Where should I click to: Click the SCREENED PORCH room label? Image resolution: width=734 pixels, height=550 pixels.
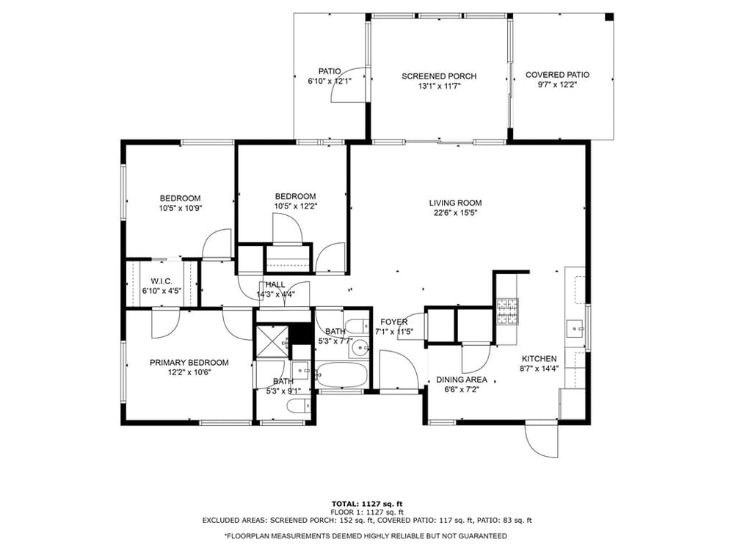(439, 76)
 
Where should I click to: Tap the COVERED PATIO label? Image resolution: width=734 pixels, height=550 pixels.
(557, 75)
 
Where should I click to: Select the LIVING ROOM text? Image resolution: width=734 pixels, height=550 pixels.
(455, 203)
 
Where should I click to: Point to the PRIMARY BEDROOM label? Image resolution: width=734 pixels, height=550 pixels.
(189, 363)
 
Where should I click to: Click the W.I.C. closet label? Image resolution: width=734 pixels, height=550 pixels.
(161, 281)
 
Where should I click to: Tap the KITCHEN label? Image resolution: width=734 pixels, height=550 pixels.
(539, 359)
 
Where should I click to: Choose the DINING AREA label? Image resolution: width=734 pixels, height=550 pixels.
(462, 380)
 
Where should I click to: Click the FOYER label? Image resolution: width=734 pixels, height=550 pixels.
(393, 322)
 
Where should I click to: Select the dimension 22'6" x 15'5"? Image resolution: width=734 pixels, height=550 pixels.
(455, 213)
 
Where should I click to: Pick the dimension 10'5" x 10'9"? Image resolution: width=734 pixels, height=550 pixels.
(181, 208)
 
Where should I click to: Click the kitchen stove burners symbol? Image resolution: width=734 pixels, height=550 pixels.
(507, 311)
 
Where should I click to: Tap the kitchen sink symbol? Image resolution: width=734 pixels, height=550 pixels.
(575, 329)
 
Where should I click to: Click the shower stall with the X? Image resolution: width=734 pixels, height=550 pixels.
(272, 341)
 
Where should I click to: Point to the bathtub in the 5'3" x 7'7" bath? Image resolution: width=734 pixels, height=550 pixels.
(341, 374)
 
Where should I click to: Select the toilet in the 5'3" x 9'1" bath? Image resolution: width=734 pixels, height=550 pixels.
(298, 405)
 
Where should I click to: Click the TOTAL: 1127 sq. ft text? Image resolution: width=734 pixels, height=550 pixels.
(367, 504)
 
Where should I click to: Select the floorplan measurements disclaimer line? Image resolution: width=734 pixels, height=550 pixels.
(366, 535)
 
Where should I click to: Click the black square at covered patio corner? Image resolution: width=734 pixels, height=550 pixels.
(609, 17)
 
